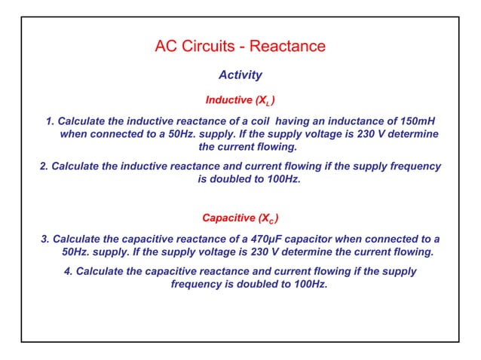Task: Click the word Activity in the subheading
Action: tap(240, 75)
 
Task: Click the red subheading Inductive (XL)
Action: tap(240, 99)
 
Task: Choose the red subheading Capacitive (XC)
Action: tap(240, 219)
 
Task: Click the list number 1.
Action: tap(50, 121)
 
